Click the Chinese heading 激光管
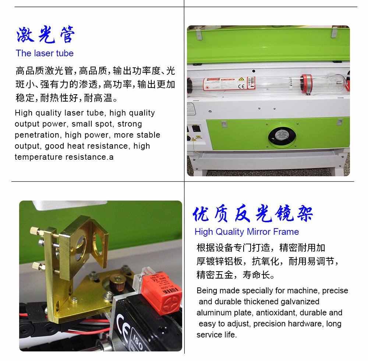[46, 35]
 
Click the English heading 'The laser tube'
[45, 53]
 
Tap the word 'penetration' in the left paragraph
[37, 135]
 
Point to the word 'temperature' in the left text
[39, 157]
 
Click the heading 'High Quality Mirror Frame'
[247, 232]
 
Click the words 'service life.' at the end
[217, 335]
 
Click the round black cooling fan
[282, 137]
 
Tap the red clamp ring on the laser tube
[307, 84]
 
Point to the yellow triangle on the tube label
[241, 79]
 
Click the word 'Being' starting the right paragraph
[206, 291]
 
